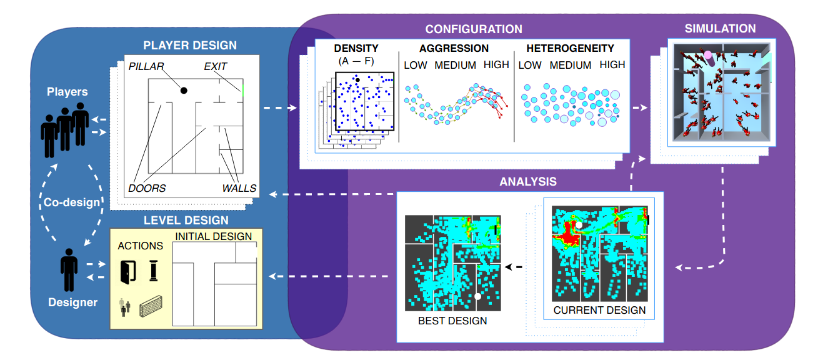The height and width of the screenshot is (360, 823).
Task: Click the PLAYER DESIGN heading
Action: pos(190,45)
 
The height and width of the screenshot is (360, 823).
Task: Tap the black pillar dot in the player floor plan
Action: pos(184,91)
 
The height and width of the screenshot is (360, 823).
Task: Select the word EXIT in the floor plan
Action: pos(216,66)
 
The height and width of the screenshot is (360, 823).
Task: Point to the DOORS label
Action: pos(147,188)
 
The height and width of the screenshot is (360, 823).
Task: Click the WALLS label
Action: pos(239,188)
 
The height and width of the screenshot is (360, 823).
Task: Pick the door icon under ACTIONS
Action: pos(128,272)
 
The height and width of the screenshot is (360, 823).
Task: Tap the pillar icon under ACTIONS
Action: pos(154,271)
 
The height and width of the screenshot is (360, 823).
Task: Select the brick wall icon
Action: pos(151,306)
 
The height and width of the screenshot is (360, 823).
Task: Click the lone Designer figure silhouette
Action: pos(69,270)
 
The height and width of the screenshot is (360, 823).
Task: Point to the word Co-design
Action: pos(72,202)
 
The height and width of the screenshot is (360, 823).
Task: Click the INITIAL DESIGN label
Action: pos(214,236)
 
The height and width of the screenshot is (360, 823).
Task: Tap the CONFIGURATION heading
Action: pos(474,29)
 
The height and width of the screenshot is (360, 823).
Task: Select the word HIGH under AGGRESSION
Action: pos(496,64)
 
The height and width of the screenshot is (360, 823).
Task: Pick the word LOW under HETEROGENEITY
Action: pos(530,65)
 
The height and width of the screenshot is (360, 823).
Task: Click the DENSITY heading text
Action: pos(356,48)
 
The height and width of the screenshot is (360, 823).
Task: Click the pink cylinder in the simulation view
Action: pos(709,58)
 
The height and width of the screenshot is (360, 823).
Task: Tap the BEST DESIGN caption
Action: pos(452,321)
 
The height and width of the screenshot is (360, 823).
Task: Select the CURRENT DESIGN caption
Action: pos(599,310)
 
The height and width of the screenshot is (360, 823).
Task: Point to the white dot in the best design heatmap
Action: pos(477,296)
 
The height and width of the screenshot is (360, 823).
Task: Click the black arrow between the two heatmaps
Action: pos(514,267)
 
